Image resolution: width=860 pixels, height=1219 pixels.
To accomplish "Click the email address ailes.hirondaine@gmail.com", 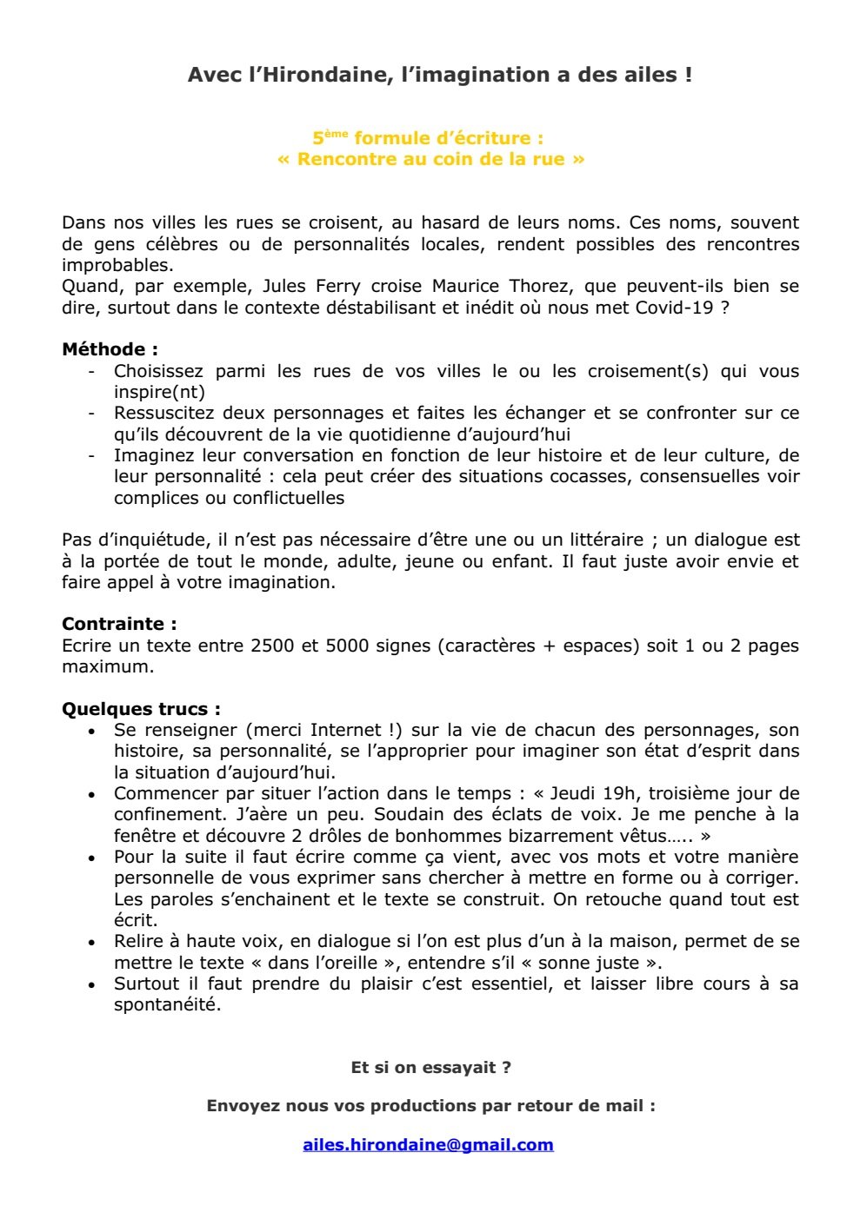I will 428,1144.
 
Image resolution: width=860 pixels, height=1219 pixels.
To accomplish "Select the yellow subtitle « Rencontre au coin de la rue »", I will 430,159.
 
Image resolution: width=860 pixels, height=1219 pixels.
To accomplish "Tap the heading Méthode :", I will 110,349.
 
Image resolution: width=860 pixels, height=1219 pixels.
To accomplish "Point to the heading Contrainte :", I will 119,624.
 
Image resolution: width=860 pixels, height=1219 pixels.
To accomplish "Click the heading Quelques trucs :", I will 141,709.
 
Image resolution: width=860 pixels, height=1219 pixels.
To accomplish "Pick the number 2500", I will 272,646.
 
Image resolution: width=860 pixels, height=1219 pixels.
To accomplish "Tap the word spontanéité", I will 167,1005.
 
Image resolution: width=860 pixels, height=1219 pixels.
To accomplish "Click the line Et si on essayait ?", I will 430,1067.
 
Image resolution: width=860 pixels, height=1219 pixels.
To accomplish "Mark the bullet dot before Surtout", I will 92,985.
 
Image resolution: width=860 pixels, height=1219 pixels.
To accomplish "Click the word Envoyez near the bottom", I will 244,1106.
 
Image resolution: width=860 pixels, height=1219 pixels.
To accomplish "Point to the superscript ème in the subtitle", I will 336,133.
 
